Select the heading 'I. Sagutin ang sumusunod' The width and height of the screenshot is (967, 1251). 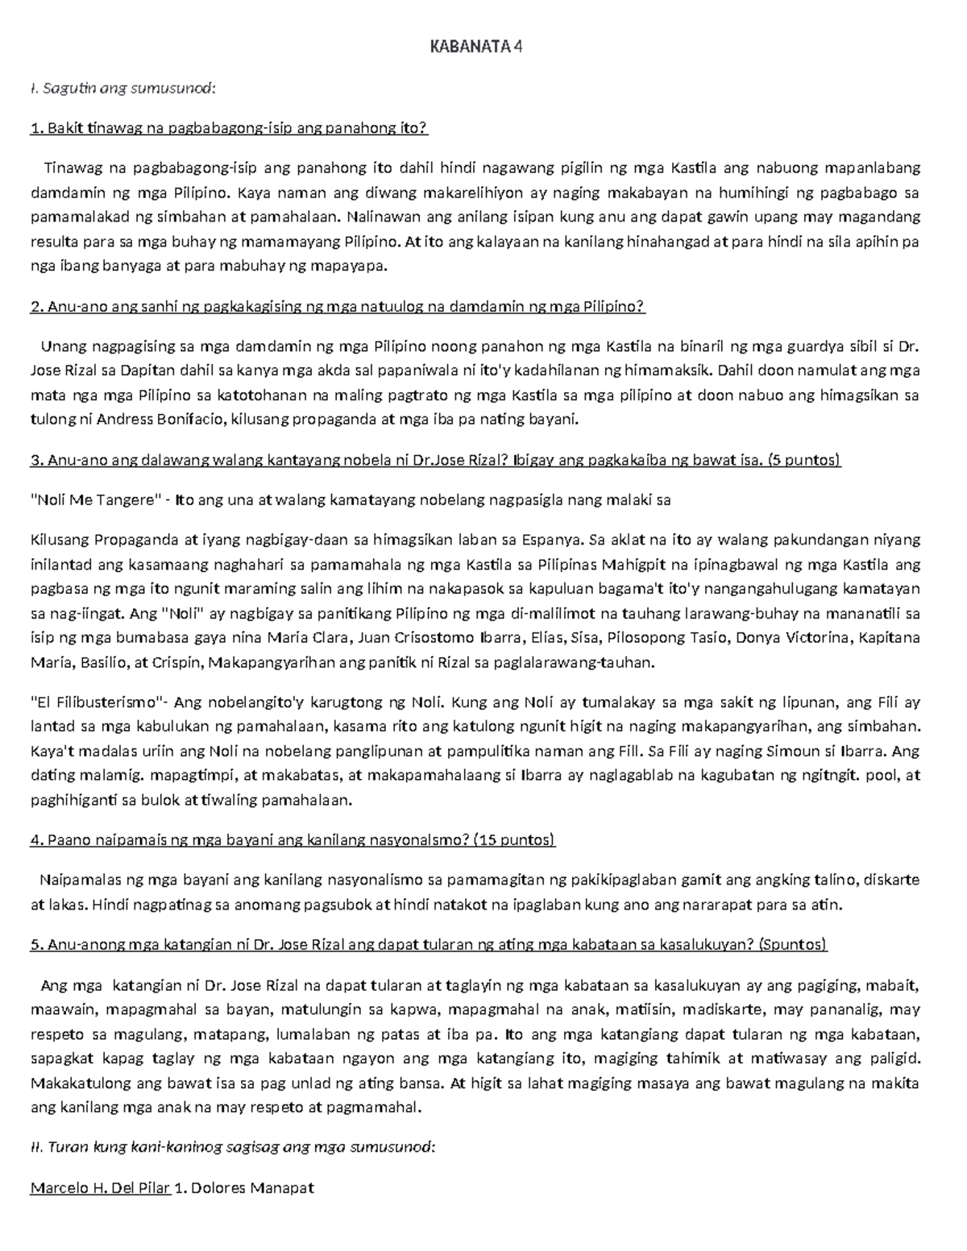tap(122, 88)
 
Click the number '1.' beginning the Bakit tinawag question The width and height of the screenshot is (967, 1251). tap(35, 128)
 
